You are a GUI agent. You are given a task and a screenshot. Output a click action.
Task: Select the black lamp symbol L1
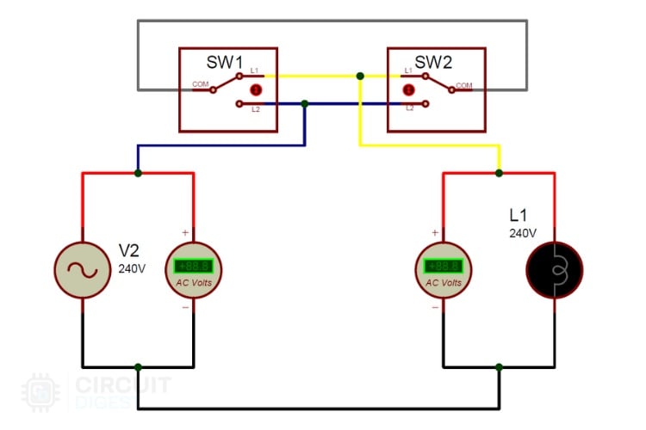click(555, 269)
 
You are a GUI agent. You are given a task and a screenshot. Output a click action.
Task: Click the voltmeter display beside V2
click(193, 266)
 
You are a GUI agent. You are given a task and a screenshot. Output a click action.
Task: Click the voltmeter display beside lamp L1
click(444, 266)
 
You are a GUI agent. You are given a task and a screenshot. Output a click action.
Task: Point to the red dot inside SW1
click(255, 90)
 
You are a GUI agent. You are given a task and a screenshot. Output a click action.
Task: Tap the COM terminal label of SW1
click(200, 84)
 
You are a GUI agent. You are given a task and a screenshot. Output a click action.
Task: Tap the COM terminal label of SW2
click(464, 85)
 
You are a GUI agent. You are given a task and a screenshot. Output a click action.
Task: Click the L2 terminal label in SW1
click(256, 109)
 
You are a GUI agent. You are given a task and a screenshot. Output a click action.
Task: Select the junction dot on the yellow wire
click(360, 77)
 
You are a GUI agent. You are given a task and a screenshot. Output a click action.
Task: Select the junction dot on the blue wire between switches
click(305, 104)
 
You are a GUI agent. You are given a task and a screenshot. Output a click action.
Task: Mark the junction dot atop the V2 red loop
click(138, 173)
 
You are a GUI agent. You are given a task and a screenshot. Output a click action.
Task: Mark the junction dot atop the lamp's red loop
click(500, 173)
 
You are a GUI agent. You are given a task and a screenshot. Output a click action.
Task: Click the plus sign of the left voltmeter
click(184, 233)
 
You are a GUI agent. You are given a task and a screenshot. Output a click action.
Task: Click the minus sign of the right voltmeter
click(435, 307)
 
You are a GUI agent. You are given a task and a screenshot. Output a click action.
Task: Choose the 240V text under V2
click(132, 267)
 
